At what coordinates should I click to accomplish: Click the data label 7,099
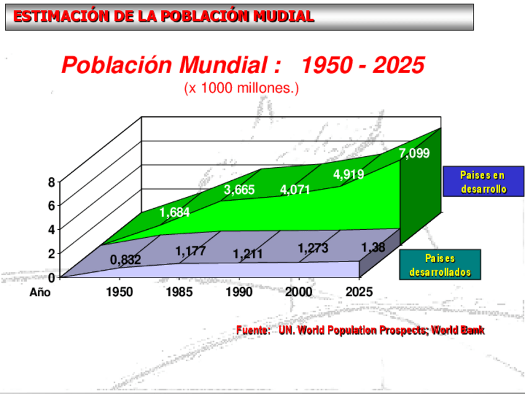pyautogui.click(x=414, y=154)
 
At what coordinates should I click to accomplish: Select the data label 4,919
pyautogui.click(x=349, y=175)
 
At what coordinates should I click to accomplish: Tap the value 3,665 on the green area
pyautogui.click(x=239, y=190)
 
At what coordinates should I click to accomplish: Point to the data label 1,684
pyautogui.click(x=175, y=213)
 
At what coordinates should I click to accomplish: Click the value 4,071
pyautogui.click(x=295, y=190)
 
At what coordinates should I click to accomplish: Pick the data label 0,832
pyautogui.click(x=125, y=260)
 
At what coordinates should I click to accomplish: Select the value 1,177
pyautogui.click(x=190, y=252)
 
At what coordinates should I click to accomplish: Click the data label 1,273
pyautogui.click(x=313, y=248)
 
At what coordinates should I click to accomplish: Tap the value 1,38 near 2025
pyautogui.click(x=373, y=248)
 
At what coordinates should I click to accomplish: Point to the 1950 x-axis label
pyautogui.click(x=119, y=292)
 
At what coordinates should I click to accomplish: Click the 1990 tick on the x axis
pyautogui.click(x=239, y=292)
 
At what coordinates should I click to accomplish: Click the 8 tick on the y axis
pyautogui.click(x=52, y=182)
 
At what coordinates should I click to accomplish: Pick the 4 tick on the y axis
pyautogui.click(x=52, y=229)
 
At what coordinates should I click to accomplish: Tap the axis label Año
pyautogui.click(x=40, y=292)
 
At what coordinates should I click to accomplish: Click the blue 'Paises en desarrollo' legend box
pyautogui.click(x=484, y=182)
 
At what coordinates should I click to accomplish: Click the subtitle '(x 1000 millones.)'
pyautogui.click(x=241, y=88)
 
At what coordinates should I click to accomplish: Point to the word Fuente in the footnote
pyautogui.click(x=253, y=330)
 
